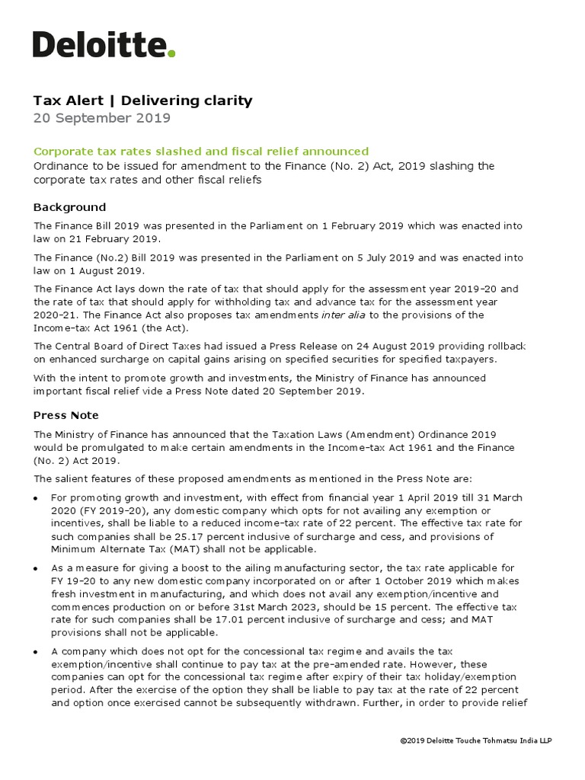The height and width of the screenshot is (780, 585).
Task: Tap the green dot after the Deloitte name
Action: pos(172,53)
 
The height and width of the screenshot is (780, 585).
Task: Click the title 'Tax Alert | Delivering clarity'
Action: pos(142,101)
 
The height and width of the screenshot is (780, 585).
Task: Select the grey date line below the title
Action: pos(102,118)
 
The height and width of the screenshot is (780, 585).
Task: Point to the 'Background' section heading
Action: pos(70,207)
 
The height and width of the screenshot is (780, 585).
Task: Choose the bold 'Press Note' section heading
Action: pos(66,415)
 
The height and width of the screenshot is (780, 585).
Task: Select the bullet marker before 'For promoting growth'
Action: pos(37,498)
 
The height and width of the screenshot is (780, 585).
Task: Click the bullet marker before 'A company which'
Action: pos(37,652)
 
